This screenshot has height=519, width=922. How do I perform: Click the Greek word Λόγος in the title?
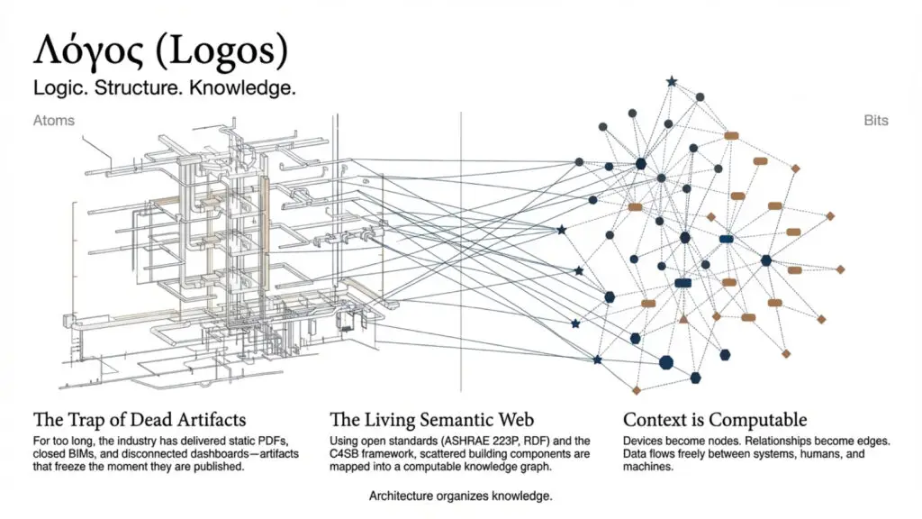point(88,50)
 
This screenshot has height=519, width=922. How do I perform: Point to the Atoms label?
point(53,121)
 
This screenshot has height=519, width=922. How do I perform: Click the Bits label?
point(875,121)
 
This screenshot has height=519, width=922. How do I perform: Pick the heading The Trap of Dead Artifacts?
point(140,420)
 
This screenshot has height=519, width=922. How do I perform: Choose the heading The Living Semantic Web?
point(431,420)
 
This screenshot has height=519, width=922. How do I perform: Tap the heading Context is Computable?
point(714,420)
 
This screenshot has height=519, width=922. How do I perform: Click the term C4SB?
point(343,454)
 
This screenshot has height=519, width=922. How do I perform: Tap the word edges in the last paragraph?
point(873,441)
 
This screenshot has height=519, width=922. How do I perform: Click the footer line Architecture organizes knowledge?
point(460,496)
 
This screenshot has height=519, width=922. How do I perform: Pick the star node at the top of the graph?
point(672,82)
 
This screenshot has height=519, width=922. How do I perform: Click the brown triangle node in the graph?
point(683,319)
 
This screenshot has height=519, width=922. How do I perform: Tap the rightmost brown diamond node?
point(840,269)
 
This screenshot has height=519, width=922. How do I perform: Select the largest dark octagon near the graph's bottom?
point(665,362)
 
